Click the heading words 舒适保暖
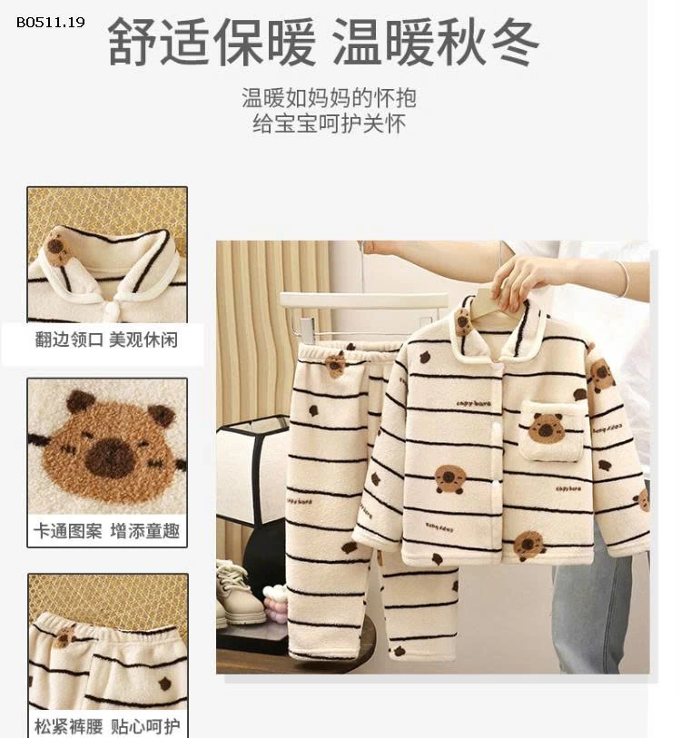(x=212, y=42)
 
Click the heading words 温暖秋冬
(x=435, y=42)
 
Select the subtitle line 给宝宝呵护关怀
(x=329, y=123)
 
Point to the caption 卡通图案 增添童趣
(x=106, y=531)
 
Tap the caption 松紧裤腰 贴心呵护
(x=106, y=725)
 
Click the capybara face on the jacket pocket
(x=547, y=427)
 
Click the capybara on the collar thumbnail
(x=58, y=246)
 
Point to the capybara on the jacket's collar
(x=464, y=320)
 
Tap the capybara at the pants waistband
(x=336, y=364)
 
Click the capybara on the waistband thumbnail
(x=64, y=635)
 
